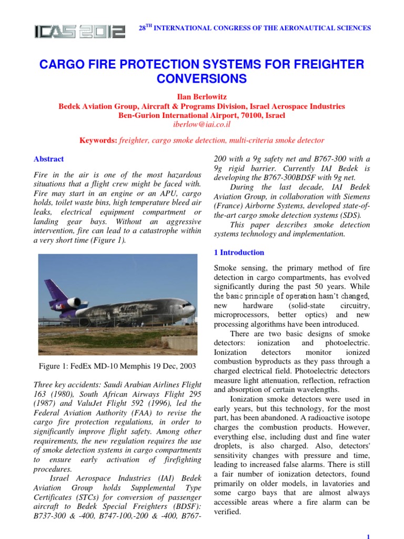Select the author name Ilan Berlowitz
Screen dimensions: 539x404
tap(202, 96)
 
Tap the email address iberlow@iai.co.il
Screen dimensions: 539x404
tap(202, 125)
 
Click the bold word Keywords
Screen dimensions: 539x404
tap(97, 141)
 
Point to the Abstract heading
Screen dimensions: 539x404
tap(48, 159)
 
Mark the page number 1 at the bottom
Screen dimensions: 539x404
tap(368, 535)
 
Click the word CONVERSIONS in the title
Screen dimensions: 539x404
tap(202, 79)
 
